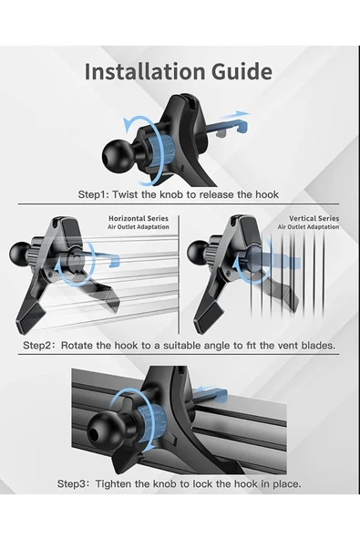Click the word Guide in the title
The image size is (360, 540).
242,72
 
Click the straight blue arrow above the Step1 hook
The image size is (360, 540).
234,115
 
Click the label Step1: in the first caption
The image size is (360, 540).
93,194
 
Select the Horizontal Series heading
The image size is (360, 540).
139,218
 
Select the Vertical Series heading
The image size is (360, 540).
314,218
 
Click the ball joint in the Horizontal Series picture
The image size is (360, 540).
21,254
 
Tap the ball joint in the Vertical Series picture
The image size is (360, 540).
199,253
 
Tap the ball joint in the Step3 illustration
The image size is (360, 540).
103,430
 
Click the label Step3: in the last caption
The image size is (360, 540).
73,484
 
